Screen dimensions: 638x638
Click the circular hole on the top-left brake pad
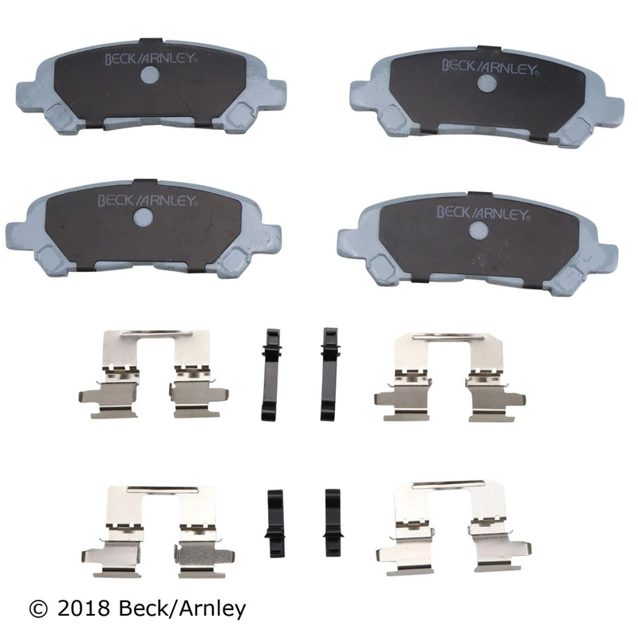tap(149, 75)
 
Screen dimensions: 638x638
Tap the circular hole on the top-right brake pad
tap(486, 84)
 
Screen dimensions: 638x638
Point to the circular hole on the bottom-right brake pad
tap(478, 230)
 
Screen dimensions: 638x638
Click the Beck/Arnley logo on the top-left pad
tap(151, 58)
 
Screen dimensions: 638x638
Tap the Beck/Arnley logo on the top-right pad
tap(490, 67)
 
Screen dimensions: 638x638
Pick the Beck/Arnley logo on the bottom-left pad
tap(148, 200)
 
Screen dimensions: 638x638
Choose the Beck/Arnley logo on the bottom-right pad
tap(483, 213)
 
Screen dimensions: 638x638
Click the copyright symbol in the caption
tap(38, 609)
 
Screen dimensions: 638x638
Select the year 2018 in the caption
tap(84, 609)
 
